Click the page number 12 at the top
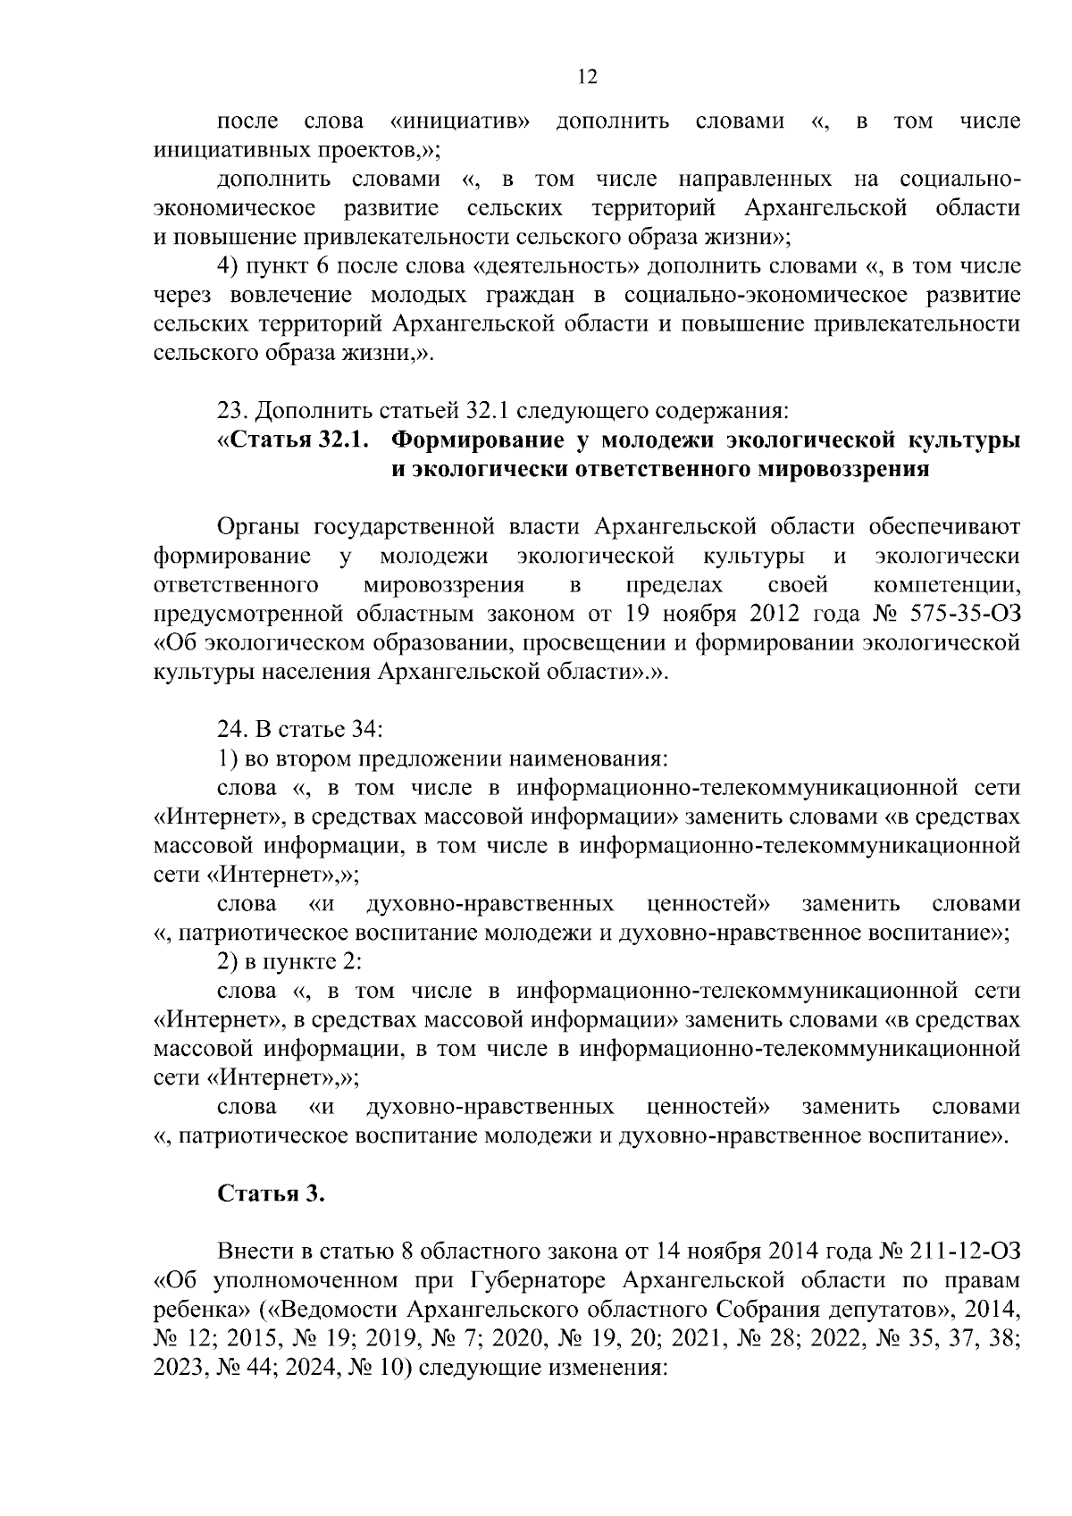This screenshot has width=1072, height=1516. click(x=586, y=77)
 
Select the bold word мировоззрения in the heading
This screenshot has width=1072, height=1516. click(x=844, y=470)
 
